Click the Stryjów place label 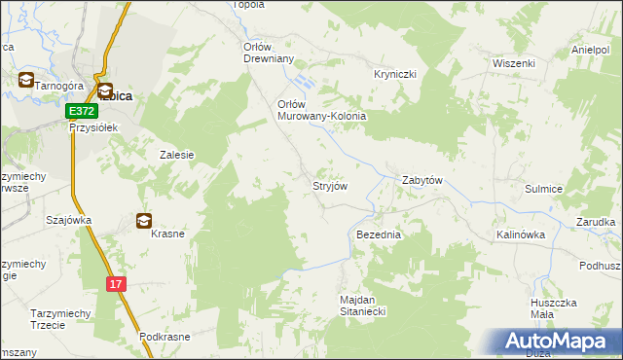pos(329,185)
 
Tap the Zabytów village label pos(423,181)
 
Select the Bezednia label pos(380,235)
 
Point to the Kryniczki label pos(396,74)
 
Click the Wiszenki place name pos(515,63)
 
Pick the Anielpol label pos(591,50)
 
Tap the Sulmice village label pos(545,190)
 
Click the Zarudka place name pos(595,222)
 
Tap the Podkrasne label pos(164,336)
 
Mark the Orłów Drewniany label pos(268,52)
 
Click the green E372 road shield pos(81,113)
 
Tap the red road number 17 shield pos(117,283)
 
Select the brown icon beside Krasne pos(144,221)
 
